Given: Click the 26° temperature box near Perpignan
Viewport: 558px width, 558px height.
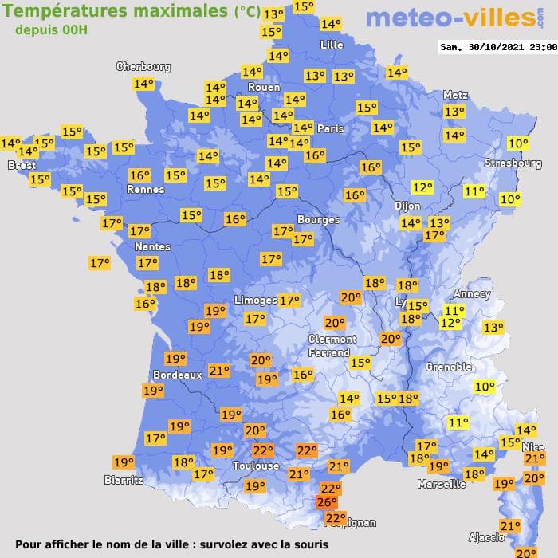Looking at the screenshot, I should tap(327, 502).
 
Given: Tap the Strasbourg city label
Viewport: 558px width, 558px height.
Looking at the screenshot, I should tap(513, 163).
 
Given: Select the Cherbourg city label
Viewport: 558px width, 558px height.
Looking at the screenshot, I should tap(143, 67).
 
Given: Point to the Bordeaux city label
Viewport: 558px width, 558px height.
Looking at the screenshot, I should tap(177, 375).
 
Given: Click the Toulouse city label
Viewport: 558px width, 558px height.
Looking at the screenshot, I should tap(256, 466).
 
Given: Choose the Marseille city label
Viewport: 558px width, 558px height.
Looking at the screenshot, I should tap(441, 484).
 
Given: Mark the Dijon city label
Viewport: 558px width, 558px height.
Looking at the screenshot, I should tap(407, 206).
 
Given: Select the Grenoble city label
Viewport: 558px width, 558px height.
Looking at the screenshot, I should tap(448, 367).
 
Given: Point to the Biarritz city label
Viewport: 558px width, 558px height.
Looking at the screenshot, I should tap(124, 480).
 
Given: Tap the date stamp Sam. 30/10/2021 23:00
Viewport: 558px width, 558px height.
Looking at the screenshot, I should tap(498, 47).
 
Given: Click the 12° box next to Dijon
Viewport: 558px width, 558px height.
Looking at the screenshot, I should tap(422, 188).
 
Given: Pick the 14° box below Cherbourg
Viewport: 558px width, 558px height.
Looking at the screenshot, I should tap(143, 84).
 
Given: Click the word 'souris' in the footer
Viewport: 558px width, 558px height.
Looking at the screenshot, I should tap(307, 544).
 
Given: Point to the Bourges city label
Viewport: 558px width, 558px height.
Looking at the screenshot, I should tap(318, 219).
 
